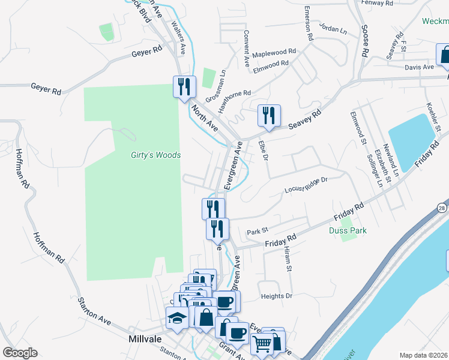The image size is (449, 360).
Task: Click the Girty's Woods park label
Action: click(156, 155)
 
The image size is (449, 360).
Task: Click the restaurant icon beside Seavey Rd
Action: click(268, 115)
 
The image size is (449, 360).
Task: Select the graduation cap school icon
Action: click(178, 319)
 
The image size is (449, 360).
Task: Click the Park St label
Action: click(256, 232)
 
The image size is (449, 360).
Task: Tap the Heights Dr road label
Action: click(276, 296)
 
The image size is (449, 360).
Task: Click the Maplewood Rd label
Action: click(274, 53)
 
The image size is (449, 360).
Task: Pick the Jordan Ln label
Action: click(334, 29)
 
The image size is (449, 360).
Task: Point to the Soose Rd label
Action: click(364, 41)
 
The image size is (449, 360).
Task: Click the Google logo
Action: click(20, 353)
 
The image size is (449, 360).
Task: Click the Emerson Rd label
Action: click(309, 24)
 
